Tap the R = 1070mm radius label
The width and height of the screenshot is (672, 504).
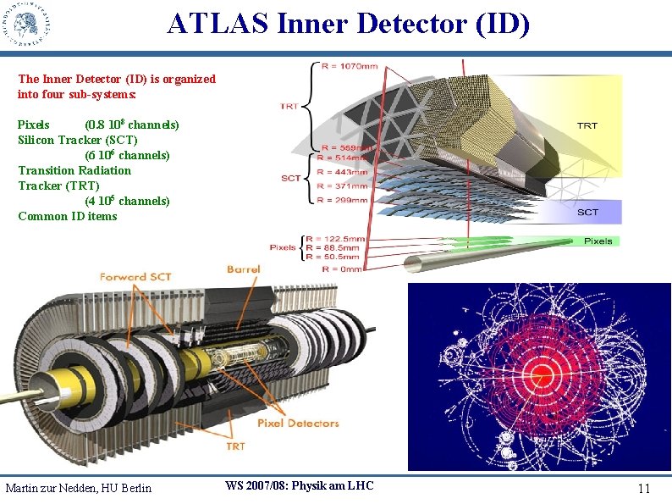coord(350,66)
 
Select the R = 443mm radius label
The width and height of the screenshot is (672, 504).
coord(343,172)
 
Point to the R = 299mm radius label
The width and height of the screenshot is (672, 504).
coord(343,200)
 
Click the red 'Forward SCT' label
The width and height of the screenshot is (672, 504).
coord(135,277)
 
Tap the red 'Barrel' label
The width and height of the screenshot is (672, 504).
coord(243,270)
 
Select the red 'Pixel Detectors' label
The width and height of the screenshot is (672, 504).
coord(299,424)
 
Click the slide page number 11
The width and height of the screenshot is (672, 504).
coord(644,489)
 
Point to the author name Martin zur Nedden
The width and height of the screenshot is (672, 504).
coord(78,488)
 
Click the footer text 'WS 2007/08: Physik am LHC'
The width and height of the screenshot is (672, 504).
coord(299,485)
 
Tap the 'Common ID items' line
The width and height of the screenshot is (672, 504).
coord(68,216)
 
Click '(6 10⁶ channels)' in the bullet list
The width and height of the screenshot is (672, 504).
coord(127,155)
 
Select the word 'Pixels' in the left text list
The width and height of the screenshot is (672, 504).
coord(34,125)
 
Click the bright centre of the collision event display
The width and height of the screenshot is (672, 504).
coord(541,374)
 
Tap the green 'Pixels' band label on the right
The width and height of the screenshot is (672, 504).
coord(598,241)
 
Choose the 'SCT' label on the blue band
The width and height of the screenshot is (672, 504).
coord(587,212)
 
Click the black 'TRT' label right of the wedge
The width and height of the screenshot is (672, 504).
coord(587,125)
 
